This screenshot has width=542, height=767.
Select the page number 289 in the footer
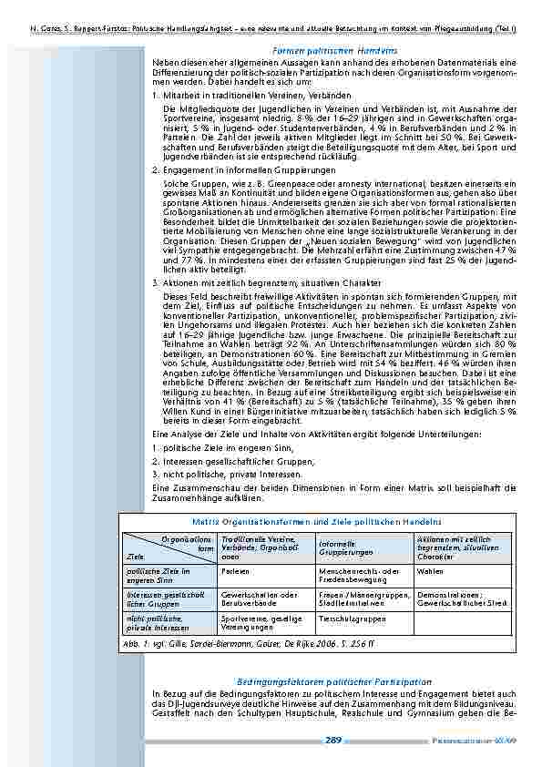point(333,741)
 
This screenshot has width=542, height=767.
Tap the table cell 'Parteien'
point(235,571)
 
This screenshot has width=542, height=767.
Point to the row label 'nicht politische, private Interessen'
point(157,622)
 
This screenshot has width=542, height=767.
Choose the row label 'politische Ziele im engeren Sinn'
point(158,576)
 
